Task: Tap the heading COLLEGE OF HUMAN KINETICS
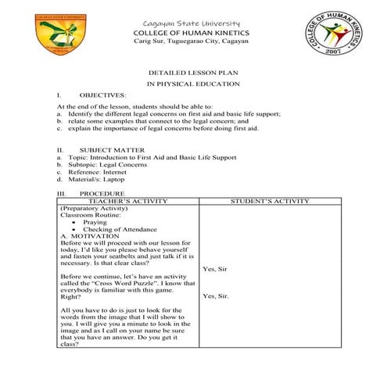click(x=192, y=33)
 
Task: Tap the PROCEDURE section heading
click(x=102, y=192)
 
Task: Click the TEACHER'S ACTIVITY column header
click(x=128, y=201)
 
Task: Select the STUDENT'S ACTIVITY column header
click(x=271, y=201)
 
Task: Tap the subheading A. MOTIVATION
click(x=90, y=236)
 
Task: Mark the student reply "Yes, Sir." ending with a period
click(x=215, y=296)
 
